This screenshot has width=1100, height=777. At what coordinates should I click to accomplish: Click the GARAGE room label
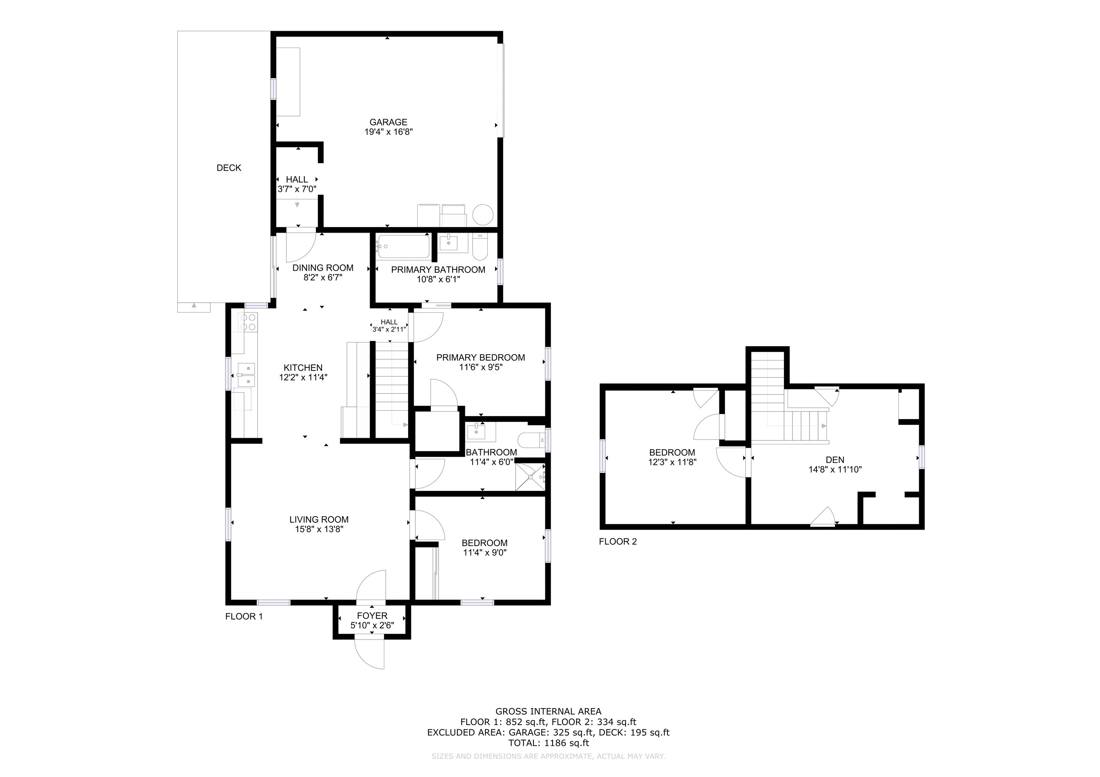click(388, 122)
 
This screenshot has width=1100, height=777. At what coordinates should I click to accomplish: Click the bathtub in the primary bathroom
click(403, 247)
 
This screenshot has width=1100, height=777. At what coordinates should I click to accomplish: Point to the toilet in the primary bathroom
click(480, 246)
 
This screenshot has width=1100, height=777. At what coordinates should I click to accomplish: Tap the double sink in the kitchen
click(246, 375)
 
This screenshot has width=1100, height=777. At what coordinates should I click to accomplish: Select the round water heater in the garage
click(483, 215)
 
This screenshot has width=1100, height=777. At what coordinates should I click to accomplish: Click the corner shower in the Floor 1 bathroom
click(530, 477)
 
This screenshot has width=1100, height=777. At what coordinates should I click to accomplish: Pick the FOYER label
click(372, 616)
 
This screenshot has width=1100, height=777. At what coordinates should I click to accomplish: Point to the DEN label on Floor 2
click(835, 460)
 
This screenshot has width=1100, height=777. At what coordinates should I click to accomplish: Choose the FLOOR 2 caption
click(618, 542)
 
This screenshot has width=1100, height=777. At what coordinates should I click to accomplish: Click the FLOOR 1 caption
click(244, 617)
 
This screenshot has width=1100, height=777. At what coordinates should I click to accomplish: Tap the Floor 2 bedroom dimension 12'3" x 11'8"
click(672, 462)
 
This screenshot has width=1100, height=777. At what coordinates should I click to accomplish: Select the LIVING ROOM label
click(319, 519)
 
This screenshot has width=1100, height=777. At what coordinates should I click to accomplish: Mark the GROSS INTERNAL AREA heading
click(549, 711)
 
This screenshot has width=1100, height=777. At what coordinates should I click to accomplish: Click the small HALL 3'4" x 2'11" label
click(389, 326)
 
